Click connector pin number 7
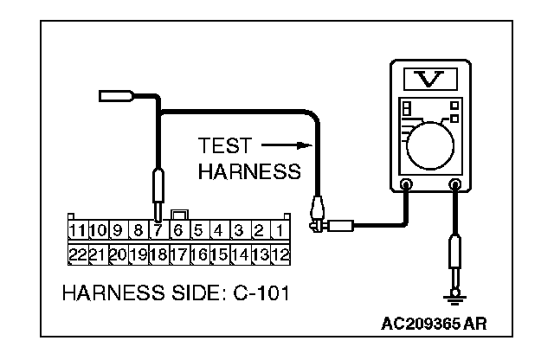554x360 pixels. [158, 231]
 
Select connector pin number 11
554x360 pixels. [77, 231]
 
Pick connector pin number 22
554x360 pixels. [77, 254]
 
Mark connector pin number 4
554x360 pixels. [218, 231]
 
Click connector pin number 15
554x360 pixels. [218, 254]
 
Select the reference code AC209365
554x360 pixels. [421, 325]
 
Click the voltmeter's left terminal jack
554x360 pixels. [405, 183]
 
